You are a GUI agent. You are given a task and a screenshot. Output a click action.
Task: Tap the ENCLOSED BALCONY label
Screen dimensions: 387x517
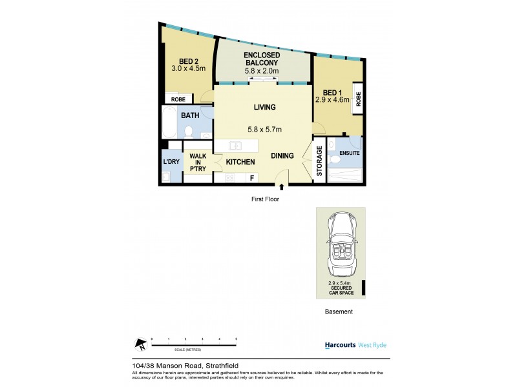(262, 60)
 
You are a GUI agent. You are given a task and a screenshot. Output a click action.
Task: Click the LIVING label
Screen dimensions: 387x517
(265, 107)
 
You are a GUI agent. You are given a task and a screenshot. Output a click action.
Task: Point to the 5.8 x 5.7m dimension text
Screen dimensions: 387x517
(265, 129)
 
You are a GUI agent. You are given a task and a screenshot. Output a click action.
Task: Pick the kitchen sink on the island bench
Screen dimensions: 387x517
(236, 145)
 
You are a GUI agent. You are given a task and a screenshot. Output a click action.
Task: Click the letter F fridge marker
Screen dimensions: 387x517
(251, 177)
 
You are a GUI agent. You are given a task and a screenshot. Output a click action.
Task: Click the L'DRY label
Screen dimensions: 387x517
(171, 161)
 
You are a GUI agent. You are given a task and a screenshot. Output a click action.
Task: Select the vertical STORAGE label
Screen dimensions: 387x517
(319, 161)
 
